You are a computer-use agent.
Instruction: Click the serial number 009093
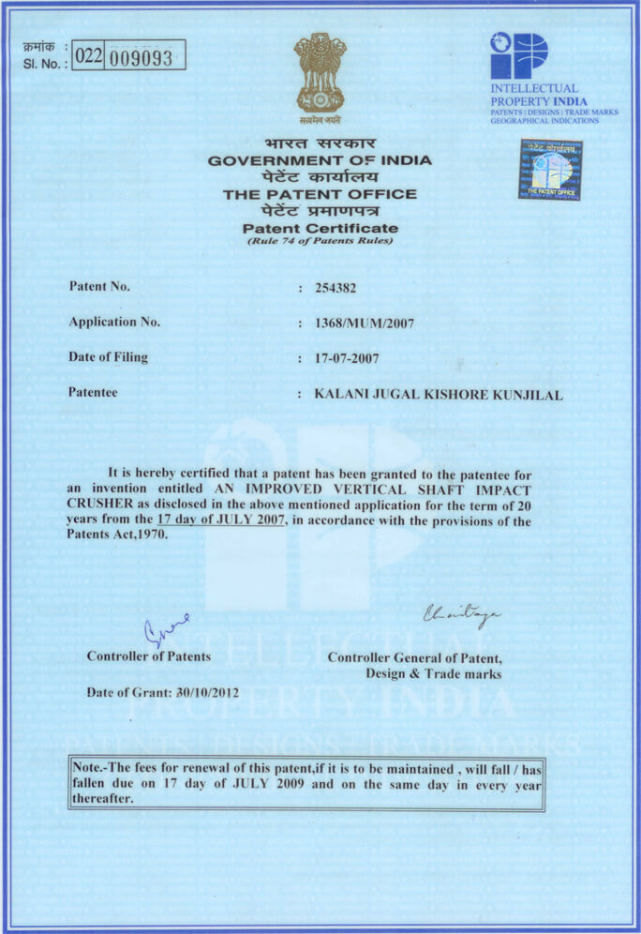point(142,58)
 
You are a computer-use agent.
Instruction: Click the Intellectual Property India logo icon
point(518,56)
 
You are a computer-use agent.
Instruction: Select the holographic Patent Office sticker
point(550,170)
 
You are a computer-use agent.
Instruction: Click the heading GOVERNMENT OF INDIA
point(320,160)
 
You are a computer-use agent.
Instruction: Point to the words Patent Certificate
point(320,228)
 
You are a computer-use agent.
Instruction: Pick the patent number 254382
point(335,288)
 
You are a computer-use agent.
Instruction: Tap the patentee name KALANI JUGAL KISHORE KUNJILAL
point(439,395)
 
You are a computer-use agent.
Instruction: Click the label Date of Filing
point(108,357)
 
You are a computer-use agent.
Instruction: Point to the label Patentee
point(93,393)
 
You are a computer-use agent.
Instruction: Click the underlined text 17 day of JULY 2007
point(222,519)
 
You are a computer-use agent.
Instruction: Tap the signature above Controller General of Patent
point(462,614)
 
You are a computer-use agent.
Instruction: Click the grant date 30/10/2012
point(207,693)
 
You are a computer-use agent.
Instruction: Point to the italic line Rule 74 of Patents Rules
point(320,241)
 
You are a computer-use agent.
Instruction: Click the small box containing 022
point(88,56)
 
